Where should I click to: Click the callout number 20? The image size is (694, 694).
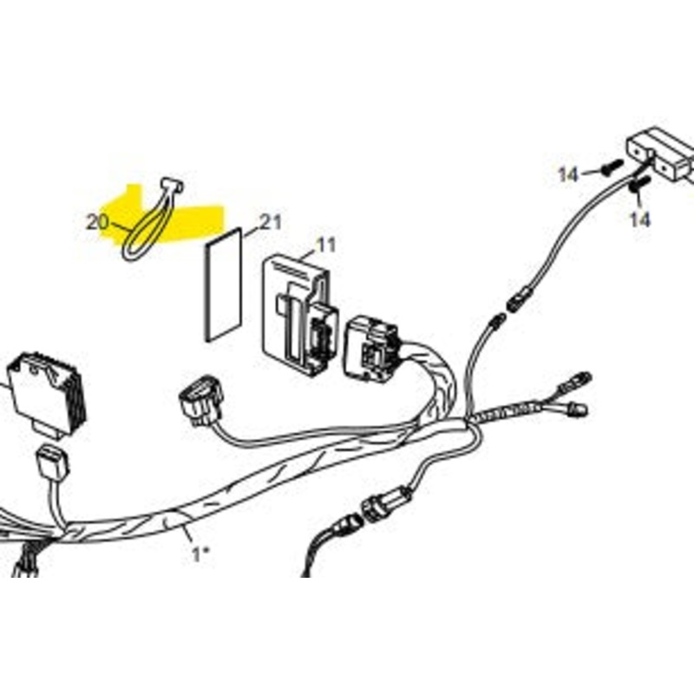coord(97,222)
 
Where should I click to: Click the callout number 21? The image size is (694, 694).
coord(271,222)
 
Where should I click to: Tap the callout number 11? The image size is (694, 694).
coord(326,245)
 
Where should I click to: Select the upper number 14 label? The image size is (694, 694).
coord(568,175)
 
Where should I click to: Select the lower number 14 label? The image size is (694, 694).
coord(639,219)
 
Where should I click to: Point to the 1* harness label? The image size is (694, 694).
coord(200,554)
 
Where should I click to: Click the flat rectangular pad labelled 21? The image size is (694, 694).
coord(224,285)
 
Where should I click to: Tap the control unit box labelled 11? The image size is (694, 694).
coord(298,314)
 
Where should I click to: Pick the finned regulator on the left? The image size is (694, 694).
coord(47,394)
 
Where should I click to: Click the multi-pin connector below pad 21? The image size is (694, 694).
coord(200,401)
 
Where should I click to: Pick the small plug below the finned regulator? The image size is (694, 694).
coord(53,463)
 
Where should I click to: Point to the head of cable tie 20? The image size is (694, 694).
coord(172,185)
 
